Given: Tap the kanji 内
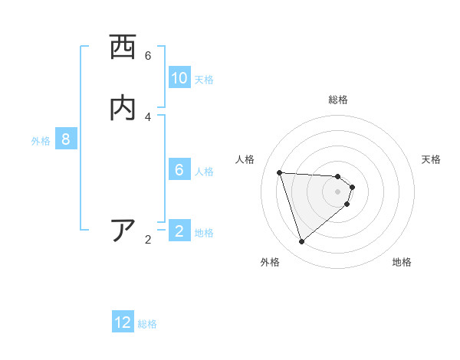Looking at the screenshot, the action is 123,108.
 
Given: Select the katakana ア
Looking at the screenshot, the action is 123,231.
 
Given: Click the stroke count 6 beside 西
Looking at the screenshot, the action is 148,56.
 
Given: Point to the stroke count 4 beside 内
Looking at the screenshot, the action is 148,116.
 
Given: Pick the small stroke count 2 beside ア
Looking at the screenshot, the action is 148,240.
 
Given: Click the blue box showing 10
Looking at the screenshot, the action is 179,78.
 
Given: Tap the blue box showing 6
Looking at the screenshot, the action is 179,170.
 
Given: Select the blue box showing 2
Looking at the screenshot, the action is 179,231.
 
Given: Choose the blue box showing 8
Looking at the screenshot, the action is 66,140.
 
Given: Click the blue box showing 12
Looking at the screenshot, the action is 123,322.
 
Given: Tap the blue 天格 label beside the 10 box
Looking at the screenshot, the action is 204,80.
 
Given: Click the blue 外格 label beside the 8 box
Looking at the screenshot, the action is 41,141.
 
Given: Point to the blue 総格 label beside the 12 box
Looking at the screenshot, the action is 147,324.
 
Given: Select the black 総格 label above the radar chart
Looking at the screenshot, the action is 338,100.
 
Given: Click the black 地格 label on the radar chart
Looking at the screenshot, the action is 402,262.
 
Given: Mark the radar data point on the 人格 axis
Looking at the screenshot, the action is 279,172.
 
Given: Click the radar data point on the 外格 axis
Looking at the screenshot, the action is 302,242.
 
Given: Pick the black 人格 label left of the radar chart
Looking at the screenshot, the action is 245,159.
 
